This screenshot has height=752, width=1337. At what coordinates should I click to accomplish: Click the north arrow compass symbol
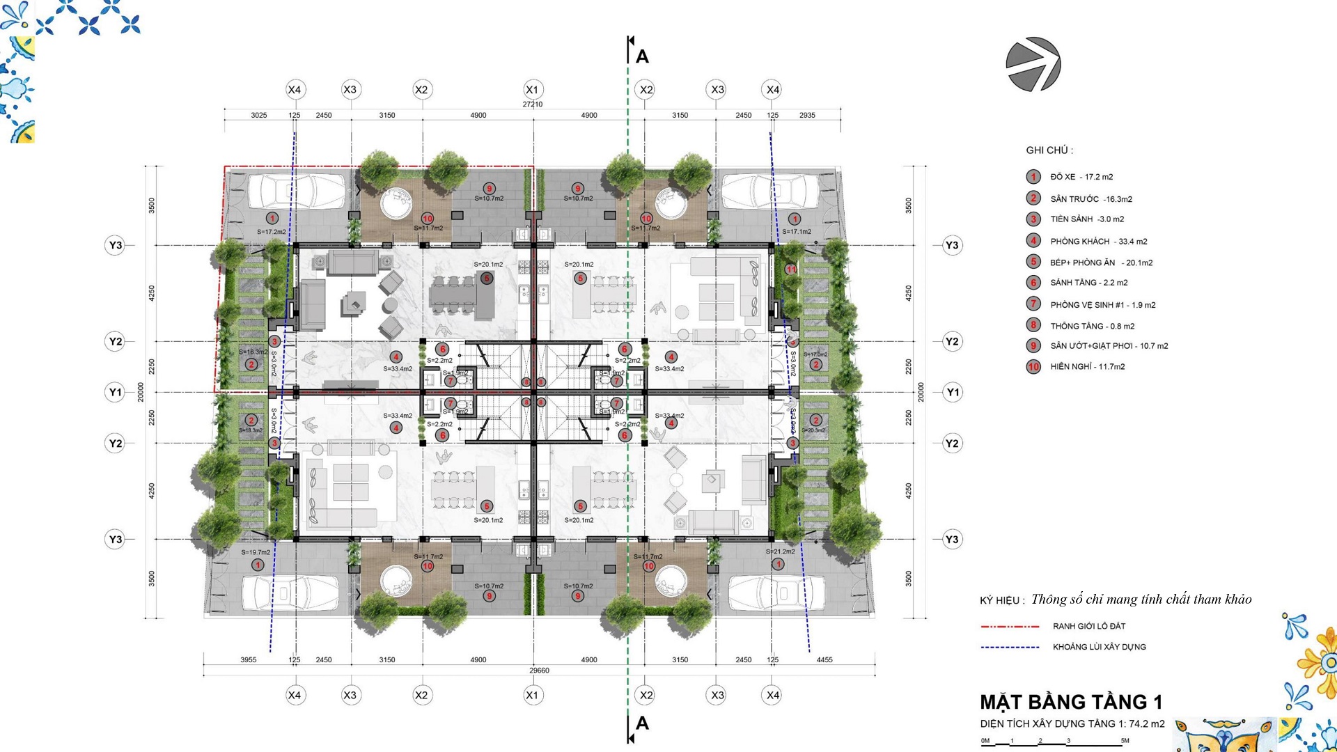1033,64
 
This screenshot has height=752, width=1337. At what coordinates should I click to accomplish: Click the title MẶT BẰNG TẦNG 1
1071,702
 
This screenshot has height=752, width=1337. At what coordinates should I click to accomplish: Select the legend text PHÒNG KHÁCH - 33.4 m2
1098,242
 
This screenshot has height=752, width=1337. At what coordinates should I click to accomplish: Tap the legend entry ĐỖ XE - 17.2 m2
1081,177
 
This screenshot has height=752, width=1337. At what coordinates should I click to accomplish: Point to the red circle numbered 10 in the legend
1033,367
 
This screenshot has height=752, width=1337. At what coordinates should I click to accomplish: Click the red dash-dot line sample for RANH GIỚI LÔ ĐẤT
1010,627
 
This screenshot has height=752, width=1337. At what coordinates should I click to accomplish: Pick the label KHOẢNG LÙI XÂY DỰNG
1099,647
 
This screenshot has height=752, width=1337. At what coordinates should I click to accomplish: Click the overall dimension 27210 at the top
533,104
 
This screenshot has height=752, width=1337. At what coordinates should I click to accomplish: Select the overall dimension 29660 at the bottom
539,671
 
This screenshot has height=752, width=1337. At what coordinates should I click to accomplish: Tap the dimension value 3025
259,116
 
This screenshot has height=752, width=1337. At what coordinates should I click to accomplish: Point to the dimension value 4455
824,659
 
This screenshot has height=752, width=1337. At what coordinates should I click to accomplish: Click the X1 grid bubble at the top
533,90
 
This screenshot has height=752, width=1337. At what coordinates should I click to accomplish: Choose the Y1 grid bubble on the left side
116,392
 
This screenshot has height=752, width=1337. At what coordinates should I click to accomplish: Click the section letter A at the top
642,57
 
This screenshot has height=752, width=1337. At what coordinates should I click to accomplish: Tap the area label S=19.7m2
256,552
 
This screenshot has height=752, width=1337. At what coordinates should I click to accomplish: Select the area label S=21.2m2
780,551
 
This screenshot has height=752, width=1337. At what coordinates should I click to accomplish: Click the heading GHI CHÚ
1049,150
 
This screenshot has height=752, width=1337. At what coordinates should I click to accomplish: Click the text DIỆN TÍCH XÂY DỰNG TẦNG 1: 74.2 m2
1072,724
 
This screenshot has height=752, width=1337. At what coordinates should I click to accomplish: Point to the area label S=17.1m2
797,232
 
